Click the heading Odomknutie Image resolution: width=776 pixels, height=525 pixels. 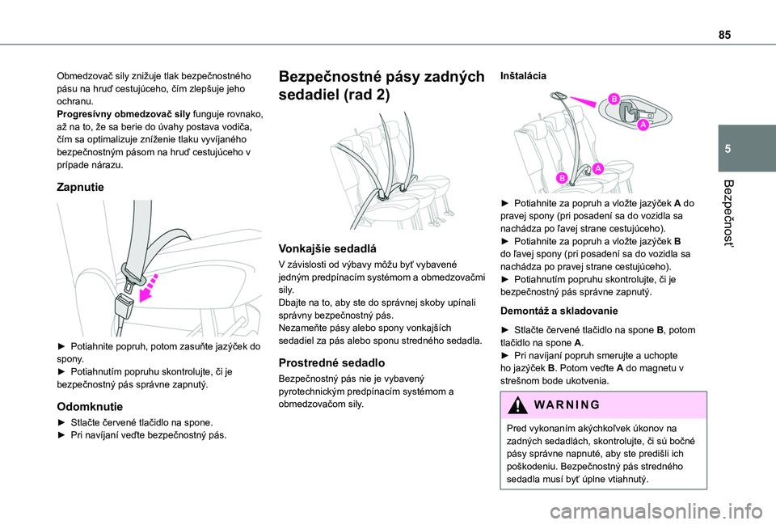[x=89, y=406]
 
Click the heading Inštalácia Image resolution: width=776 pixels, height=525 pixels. [x=523, y=75]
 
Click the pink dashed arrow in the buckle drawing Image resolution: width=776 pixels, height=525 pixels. [x=152, y=287]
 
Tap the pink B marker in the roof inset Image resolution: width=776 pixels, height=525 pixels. [x=614, y=99]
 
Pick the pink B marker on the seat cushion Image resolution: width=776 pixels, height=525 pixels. [x=560, y=177]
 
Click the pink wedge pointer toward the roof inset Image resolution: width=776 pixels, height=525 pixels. [x=587, y=101]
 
